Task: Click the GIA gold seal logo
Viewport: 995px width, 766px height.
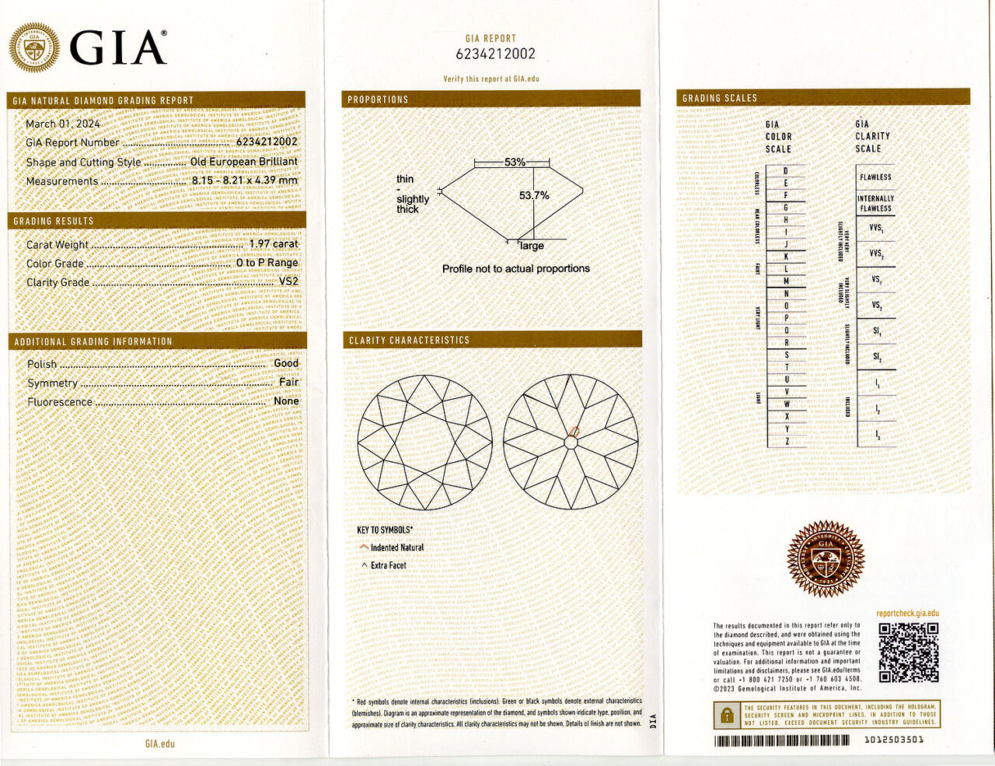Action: click(33, 47)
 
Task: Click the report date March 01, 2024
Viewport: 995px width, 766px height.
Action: click(63, 124)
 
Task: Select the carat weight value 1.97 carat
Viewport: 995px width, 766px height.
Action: click(273, 244)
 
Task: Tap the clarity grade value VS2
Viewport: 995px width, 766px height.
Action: click(288, 282)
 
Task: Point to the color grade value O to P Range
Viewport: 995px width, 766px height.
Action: click(267, 263)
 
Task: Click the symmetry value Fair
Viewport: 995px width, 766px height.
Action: click(288, 382)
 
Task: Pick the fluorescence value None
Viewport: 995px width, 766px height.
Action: click(286, 401)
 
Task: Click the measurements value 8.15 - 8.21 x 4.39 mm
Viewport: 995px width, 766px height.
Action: click(245, 180)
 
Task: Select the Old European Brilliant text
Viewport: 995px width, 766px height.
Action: click(243, 162)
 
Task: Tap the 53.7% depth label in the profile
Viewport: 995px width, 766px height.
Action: click(534, 195)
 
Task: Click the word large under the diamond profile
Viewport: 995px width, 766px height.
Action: click(532, 246)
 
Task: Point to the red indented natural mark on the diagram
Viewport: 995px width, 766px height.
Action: click(574, 432)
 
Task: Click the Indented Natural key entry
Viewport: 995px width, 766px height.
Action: click(396, 547)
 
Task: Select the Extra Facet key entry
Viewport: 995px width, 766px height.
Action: click(388, 565)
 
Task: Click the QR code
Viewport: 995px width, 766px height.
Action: click(908, 652)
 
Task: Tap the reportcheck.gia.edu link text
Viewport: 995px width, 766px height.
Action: click(907, 614)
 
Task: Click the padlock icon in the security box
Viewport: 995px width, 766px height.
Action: click(727, 714)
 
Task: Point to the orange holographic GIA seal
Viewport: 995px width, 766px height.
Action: click(825, 558)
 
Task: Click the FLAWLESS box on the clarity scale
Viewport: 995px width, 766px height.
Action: click(875, 177)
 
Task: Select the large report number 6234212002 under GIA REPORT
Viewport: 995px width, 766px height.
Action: click(495, 54)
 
